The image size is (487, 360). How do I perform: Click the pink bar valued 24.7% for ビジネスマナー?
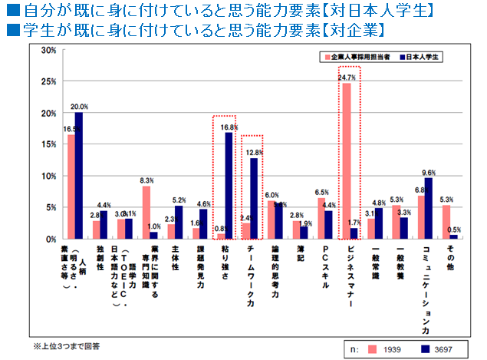[x=346, y=161]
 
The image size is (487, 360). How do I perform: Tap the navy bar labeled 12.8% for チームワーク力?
[x=253, y=198]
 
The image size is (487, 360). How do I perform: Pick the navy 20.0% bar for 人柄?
[x=78, y=176]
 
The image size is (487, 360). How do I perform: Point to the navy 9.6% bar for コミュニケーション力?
[x=429, y=208]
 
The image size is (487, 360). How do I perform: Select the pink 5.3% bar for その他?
[x=446, y=222]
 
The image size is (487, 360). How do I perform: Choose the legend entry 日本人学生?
[x=423, y=57]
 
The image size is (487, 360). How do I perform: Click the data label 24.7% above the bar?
[x=346, y=78]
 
